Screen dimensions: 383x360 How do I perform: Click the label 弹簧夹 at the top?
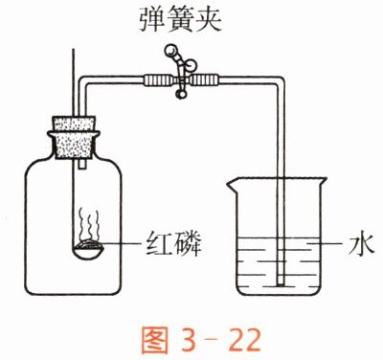pos(180,20)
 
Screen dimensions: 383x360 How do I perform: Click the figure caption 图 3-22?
pos(201,340)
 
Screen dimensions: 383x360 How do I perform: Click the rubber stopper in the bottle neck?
pos(74,138)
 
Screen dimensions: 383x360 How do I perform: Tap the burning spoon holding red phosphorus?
pos(87,250)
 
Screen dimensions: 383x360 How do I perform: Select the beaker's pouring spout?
pos(231,185)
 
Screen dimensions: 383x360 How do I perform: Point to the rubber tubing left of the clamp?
pos(158,80)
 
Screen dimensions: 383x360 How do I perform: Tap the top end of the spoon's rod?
pos(74,50)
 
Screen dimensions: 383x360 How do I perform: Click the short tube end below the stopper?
pos(82,165)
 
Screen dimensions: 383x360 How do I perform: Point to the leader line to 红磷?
pos(122,243)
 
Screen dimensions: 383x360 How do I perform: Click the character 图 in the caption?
pos(154,340)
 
